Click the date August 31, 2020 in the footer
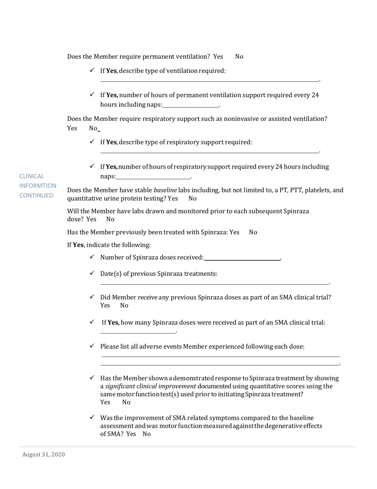click(x=43, y=454)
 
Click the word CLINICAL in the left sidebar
click(x=32, y=176)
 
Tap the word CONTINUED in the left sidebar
click(x=36, y=195)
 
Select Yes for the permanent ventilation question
click(x=218, y=56)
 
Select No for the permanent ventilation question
click(x=239, y=56)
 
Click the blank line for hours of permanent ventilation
click(x=191, y=105)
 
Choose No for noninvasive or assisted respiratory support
click(x=93, y=128)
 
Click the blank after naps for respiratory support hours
click(x=153, y=177)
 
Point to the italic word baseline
click(x=165, y=190)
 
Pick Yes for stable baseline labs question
click(x=173, y=198)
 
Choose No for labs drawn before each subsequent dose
click(x=110, y=219)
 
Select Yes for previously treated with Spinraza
click(x=234, y=232)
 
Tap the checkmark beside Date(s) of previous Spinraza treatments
click(x=92, y=273)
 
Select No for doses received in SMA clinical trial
click(x=124, y=305)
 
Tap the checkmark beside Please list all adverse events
click(x=92, y=346)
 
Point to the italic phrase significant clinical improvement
click(x=150, y=386)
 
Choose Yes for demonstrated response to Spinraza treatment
click(x=105, y=402)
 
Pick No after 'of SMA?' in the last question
click(x=146, y=434)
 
